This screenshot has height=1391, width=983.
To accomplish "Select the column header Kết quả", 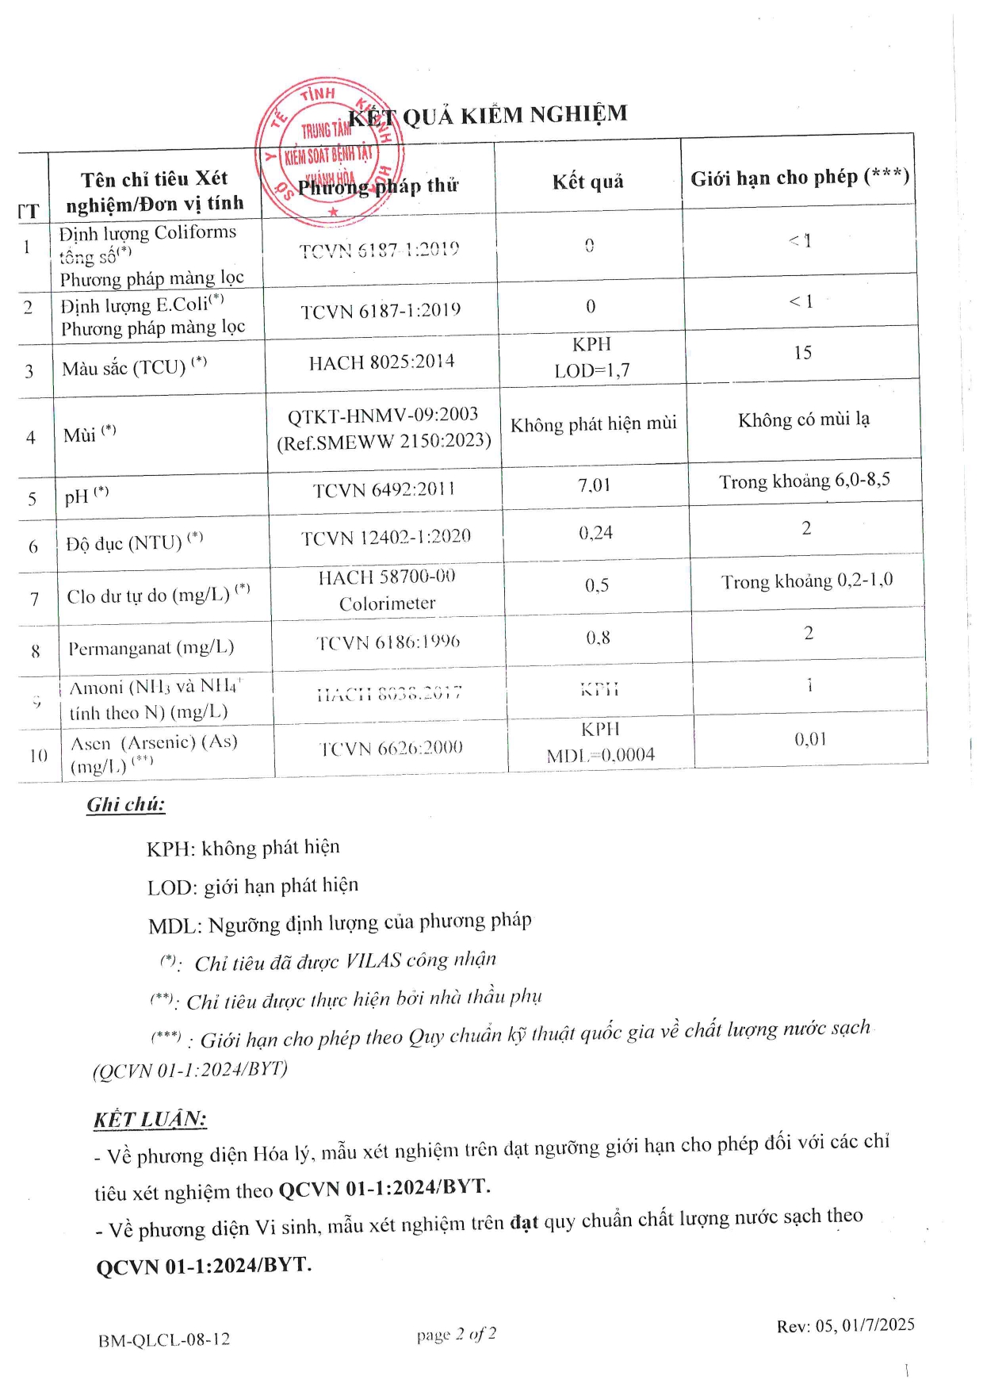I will pyautogui.click(x=587, y=182).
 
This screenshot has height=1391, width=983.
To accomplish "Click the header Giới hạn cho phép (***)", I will pyautogui.click(x=799, y=178).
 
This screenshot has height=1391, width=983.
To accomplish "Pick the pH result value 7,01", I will pyautogui.click(x=594, y=485).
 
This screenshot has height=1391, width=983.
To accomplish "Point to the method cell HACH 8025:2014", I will pyautogui.click(x=381, y=362).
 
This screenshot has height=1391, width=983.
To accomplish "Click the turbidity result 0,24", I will pyautogui.click(x=595, y=533).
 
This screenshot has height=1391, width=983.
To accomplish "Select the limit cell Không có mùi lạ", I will pyautogui.click(x=803, y=420).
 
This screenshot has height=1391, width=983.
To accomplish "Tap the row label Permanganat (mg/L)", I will pyautogui.click(x=151, y=648).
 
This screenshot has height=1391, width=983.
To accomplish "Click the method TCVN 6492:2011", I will pyautogui.click(x=384, y=490).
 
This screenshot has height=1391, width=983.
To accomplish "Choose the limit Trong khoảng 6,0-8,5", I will pyautogui.click(x=804, y=481).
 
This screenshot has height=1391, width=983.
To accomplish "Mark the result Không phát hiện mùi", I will pyautogui.click(x=593, y=424).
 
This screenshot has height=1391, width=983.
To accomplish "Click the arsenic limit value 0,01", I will pyautogui.click(x=810, y=739).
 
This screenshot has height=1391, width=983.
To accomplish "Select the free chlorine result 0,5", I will pyautogui.click(x=597, y=585).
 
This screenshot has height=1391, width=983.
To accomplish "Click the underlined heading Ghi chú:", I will pyautogui.click(x=126, y=805).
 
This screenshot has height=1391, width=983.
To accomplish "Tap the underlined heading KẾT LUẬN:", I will pyautogui.click(x=150, y=1119).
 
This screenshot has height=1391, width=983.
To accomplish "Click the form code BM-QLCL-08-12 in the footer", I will pyautogui.click(x=164, y=1339).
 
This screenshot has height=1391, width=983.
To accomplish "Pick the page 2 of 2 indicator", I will pyautogui.click(x=457, y=1335).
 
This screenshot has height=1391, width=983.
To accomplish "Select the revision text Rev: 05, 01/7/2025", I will pyautogui.click(x=845, y=1325).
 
